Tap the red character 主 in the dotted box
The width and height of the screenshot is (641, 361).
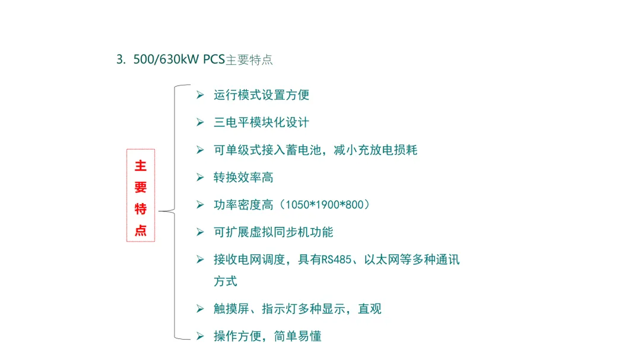click(141, 166)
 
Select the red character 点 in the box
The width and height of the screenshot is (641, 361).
click(141, 230)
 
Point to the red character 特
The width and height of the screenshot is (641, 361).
click(141, 209)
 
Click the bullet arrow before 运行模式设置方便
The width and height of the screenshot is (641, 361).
click(200, 95)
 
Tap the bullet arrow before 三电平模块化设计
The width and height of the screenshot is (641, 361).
click(200, 122)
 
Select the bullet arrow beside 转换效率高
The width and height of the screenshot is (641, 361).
click(200, 177)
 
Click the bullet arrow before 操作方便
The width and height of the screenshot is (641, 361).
click(200, 337)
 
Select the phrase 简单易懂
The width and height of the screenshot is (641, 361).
click(297, 337)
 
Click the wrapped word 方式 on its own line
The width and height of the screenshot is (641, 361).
click(226, 281)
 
